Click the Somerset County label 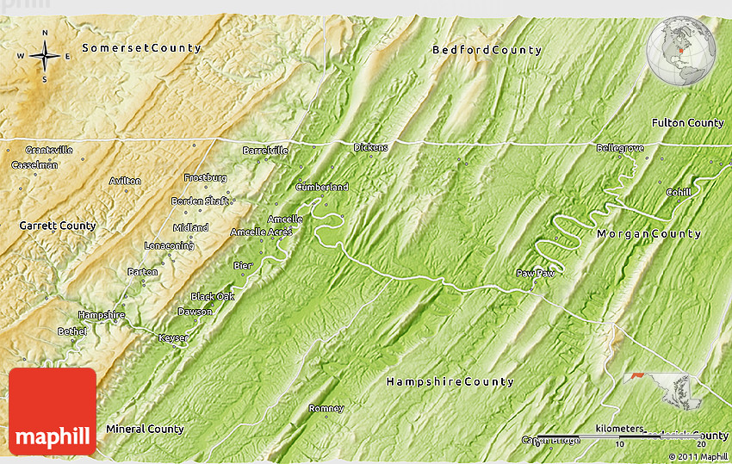(141, 48)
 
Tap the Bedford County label (487, 50)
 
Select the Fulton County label (687, 123)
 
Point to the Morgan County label (648, 234)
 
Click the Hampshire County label (450, 381)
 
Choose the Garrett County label (58, 226)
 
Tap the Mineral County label (145, 429)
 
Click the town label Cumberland (322, 187)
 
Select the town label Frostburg (205, 177)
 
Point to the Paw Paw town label (536, 273)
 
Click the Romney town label (326, 408)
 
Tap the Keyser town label (173, 337)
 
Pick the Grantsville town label (49, 150)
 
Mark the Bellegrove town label (620, 148)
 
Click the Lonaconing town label (169, 245)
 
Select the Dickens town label (370, 147)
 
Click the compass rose (44, 57)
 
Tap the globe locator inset (682, 52)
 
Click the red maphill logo (53, 411)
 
